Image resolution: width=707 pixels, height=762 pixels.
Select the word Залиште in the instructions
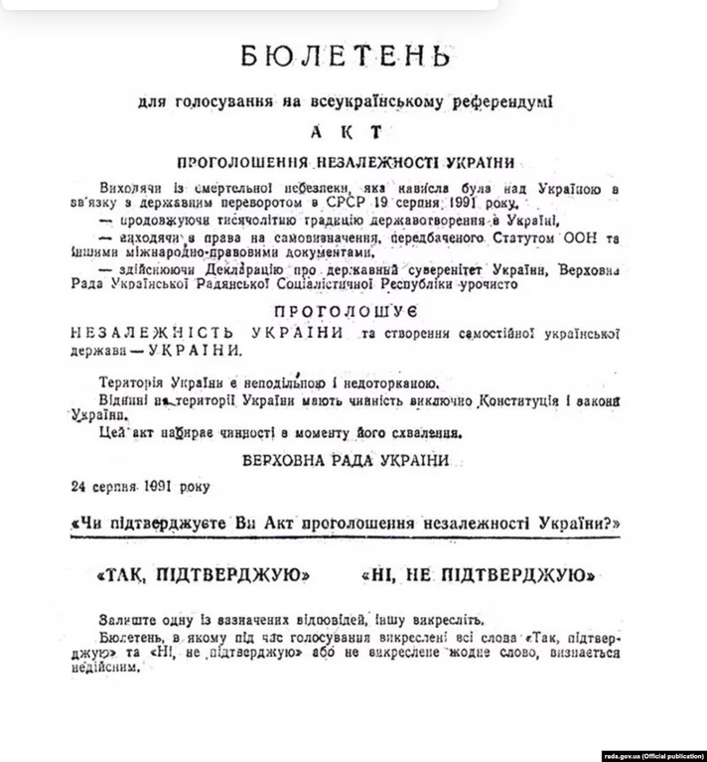(128, 617)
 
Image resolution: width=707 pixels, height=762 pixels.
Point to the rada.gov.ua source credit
(650, 753)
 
